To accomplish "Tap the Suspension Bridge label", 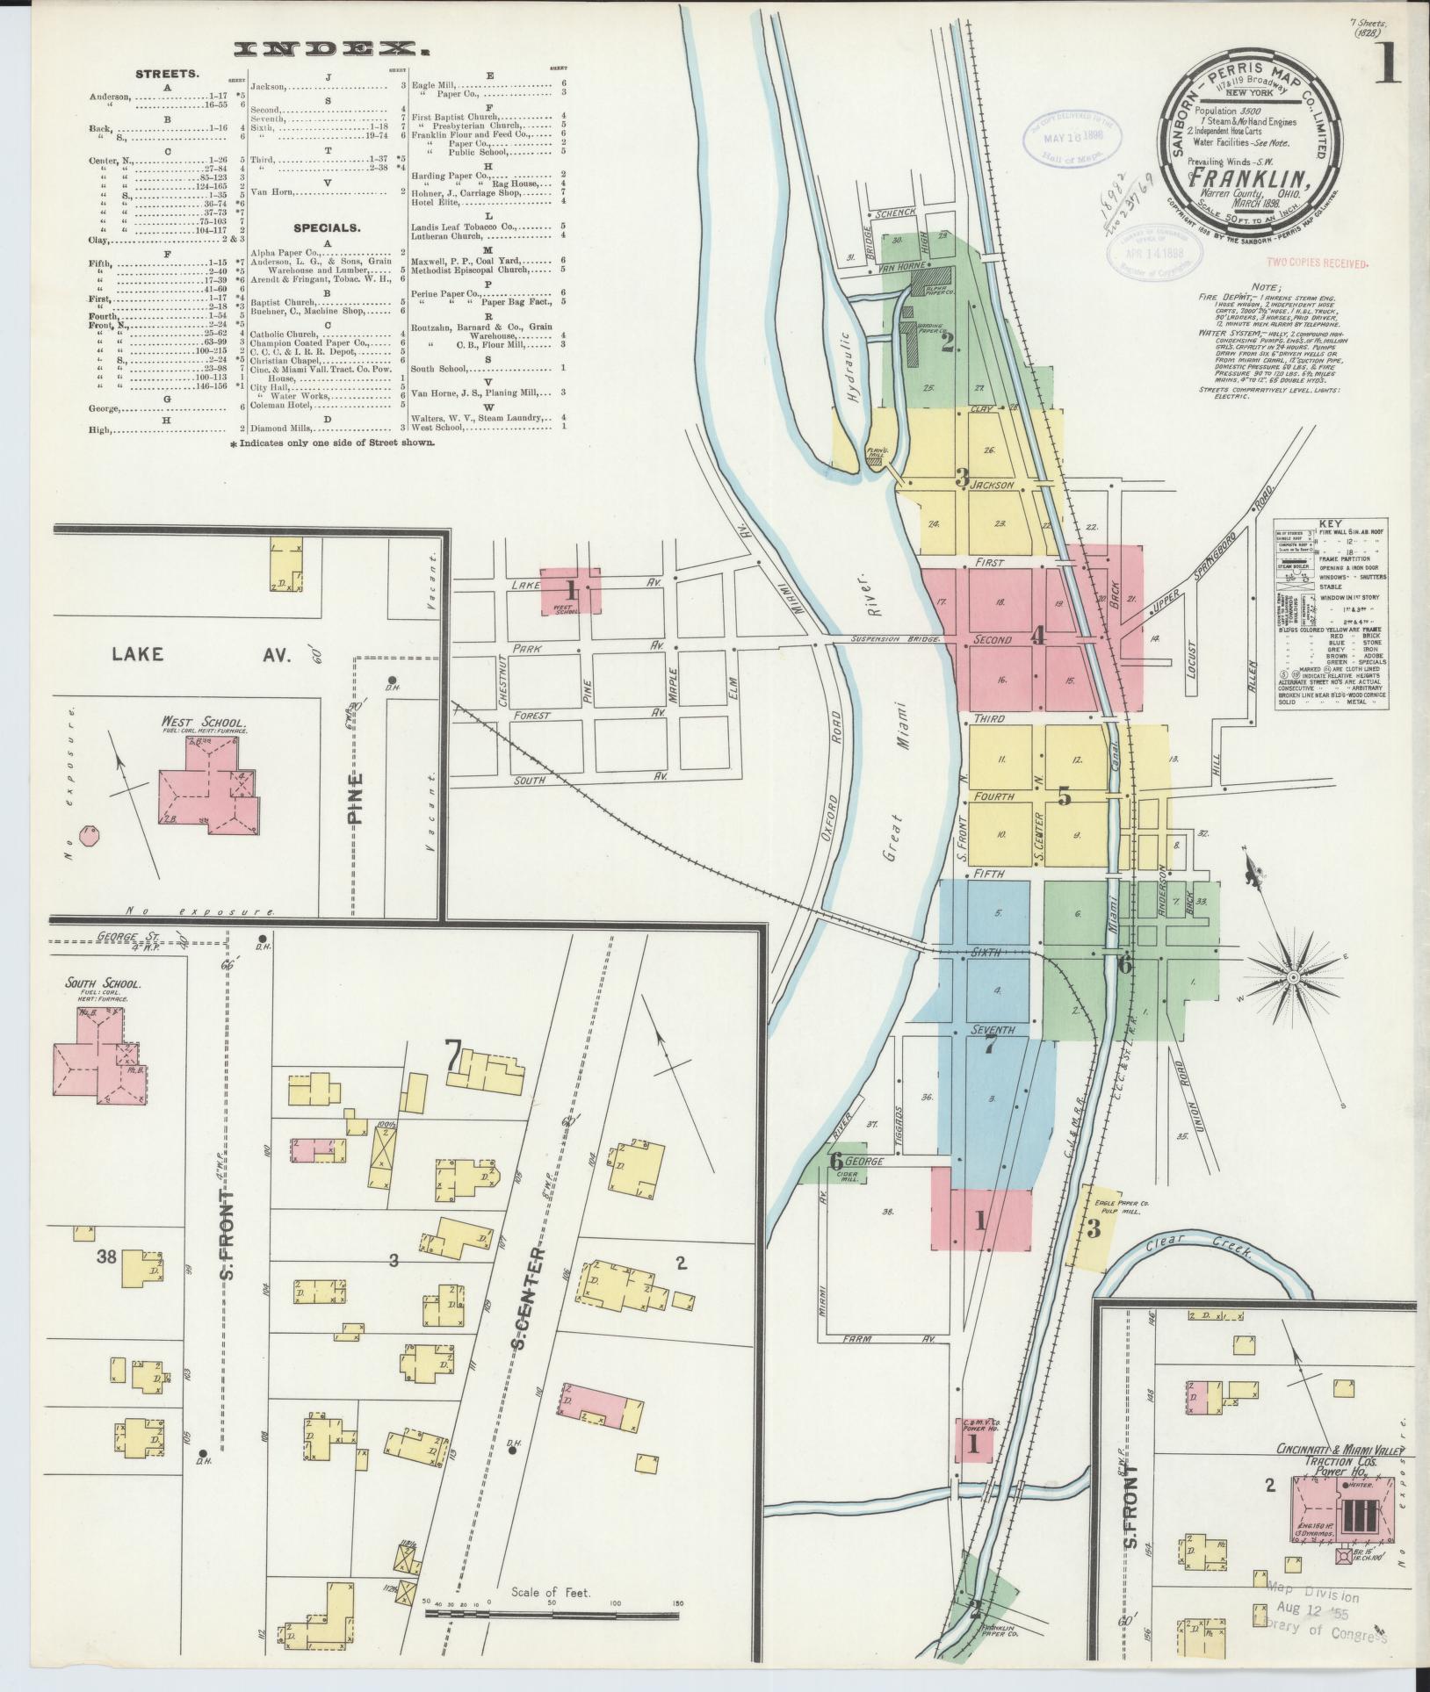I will (x=896, y=638).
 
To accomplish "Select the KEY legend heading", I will (x=1332, y=522).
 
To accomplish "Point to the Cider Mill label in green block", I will (x=849, y=1176).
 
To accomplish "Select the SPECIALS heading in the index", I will (x=327, y=228).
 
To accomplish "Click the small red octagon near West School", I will (x=88, y=834).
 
